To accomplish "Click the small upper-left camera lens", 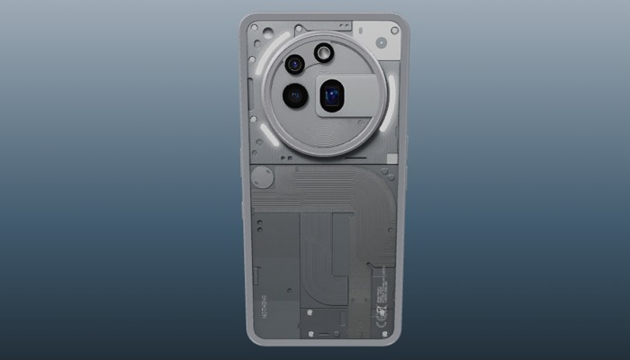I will (294, 65).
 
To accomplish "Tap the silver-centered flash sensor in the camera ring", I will (323, 55).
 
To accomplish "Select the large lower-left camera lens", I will (294, 95).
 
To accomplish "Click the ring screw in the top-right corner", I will (394, 31).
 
